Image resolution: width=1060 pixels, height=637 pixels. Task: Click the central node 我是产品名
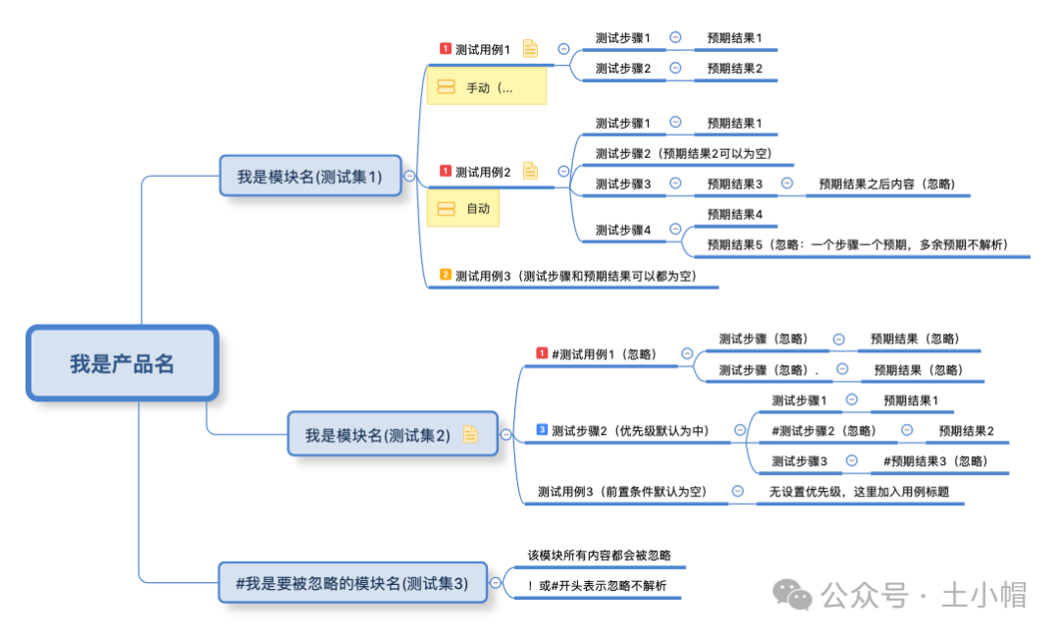click(122, 363)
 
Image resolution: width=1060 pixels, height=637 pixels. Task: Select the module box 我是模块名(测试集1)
click(310, 177)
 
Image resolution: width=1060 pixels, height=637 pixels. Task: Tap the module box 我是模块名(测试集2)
click(378, 435)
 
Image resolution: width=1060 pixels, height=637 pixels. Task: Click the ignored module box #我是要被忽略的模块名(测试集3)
click(352, 583)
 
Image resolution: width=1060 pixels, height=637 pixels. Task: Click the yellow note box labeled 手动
click(487, 87)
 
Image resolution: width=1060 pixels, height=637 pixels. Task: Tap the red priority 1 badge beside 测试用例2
click(446, 171)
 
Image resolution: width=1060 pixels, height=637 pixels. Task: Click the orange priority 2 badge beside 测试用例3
click(446, 275)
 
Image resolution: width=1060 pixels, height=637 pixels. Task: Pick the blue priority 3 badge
click(542, 430)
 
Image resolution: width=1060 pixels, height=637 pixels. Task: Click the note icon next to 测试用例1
click(531, 48)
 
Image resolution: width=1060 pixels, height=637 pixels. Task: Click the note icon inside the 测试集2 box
click(470, 435)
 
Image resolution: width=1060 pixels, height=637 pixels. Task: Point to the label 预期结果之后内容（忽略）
click(886, 184)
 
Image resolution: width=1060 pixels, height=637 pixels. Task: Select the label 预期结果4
click(735, 214)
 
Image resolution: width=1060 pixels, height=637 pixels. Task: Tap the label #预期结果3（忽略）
click(935, 460)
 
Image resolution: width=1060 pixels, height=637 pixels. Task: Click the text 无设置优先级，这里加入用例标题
click(860, 492)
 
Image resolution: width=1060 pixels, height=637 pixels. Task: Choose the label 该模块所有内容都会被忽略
click(600, 556)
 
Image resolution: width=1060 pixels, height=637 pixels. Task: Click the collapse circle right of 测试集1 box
click(409, 177)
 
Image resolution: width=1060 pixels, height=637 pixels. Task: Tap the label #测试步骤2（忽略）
click(824, 430)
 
